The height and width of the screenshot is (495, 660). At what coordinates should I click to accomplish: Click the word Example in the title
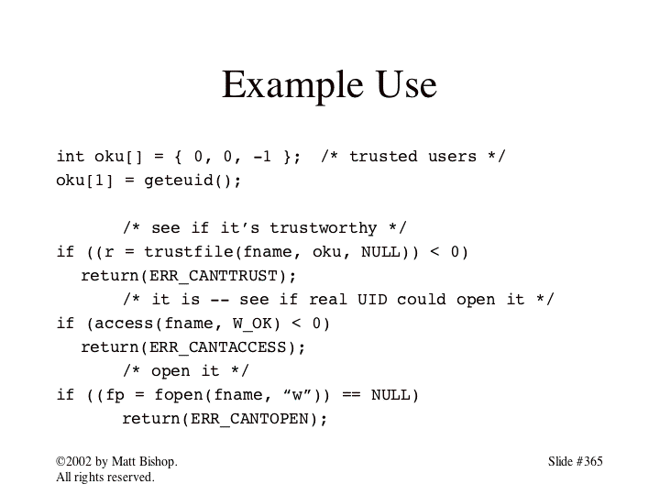tap(292, 85)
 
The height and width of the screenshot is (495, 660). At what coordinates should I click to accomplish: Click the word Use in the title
tap(407, 84)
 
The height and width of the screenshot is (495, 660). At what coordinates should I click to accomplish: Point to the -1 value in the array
tap(262, 157)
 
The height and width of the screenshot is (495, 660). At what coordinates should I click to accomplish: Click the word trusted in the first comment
tap(383, 157)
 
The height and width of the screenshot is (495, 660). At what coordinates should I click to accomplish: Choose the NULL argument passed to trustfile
tap(380, 252)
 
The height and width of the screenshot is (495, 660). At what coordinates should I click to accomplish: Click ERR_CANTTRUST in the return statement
tap(213, 276)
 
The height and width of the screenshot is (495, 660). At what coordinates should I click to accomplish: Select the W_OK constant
tap(252, 324)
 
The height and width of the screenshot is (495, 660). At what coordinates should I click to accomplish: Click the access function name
tap(124, 324)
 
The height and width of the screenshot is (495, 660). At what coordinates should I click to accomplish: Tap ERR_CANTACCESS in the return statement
tap(218, 347)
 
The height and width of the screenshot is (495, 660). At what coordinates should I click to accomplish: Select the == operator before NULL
tap(351, 395)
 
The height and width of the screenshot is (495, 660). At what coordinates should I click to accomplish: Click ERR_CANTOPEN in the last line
tap(249, 419)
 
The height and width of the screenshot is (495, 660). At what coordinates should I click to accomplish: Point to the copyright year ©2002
tap(73, 461)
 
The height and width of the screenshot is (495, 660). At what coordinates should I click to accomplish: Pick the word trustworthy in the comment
tap(324, 228)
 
